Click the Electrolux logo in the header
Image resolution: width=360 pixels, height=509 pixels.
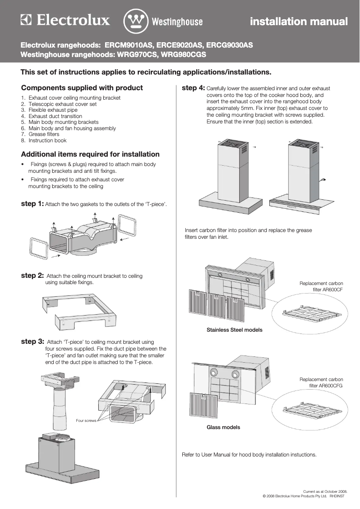tap(65, 21)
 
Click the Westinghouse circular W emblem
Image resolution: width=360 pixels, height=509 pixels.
tap(136, 21)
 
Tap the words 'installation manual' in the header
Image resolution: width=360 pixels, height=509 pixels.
tap(299, 22)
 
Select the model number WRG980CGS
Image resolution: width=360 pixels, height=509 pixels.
tap(184, 55)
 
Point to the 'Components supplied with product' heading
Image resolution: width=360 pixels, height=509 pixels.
tap(82, 88)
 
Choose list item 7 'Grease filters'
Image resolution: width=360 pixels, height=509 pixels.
tap(44, 134)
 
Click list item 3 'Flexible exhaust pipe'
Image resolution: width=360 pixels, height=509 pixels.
tap(53, 110)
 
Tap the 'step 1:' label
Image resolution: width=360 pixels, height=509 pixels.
tap(32, 204)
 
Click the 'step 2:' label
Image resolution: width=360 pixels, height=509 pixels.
tap(32, 276)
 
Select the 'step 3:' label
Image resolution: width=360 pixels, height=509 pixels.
tap(32, 342)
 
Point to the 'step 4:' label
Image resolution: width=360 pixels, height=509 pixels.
tap(193, 88)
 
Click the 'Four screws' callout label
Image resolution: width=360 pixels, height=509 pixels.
tap(86, 421)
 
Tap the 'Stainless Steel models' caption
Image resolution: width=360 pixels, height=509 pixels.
tap(234, 330)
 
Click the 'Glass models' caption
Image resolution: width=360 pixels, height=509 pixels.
tap(223, 427)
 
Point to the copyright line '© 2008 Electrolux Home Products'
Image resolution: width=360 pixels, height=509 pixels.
tap(296, 496)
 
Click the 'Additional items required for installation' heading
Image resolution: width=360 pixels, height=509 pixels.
tap(90, 154)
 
